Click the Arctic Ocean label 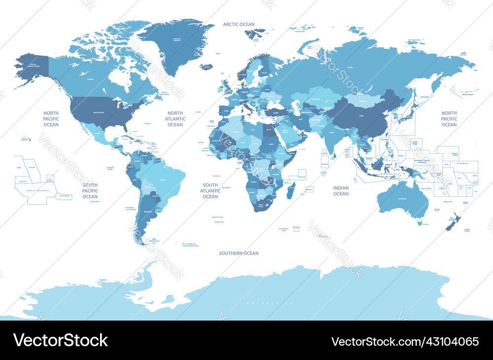tap(239, 24)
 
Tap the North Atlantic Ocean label tap(175, 119)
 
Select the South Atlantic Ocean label tap(211, 191)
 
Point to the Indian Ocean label tap(341, 191)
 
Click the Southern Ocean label tap(239, 253)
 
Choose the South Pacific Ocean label tap(90, 191)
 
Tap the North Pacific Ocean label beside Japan tap(449, 119)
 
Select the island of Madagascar tap(291, 190)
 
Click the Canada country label tap(90, 78)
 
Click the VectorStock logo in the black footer tap(61, 341)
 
